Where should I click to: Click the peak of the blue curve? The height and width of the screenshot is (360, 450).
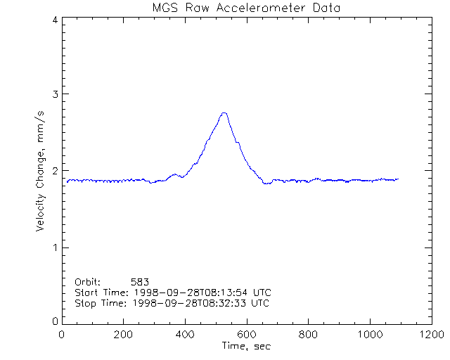[x=224, y=112]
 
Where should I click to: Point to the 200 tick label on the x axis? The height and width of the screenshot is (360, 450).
[x=124, y=335]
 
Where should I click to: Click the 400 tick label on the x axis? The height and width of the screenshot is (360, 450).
[x=185, y=335]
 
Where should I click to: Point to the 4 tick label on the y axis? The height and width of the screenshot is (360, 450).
[x=54, y=20]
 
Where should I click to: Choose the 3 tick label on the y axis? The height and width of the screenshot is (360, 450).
[x=54, y=94]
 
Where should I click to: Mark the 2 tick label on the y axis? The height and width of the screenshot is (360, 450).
[x=54, y=171]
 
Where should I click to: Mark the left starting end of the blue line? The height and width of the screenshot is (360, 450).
[x=67, y=182]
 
